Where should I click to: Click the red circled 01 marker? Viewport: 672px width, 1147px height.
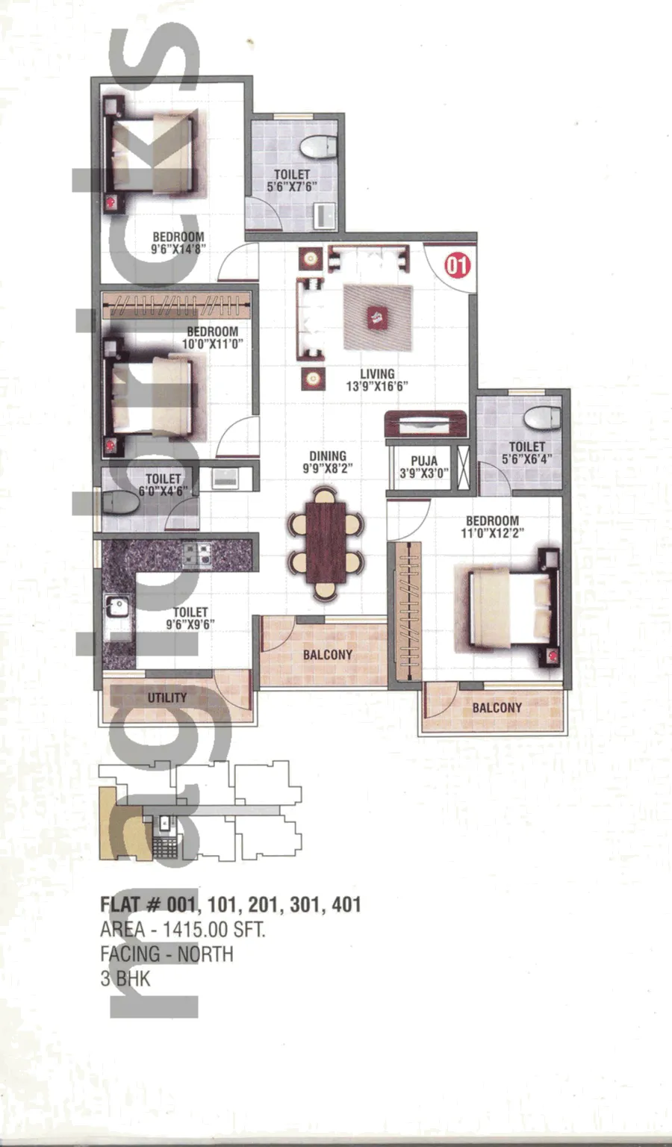click(x=457, y=266)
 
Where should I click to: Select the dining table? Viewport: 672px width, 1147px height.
click(x=326, y=543)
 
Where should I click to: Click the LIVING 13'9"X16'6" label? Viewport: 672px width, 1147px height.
click(x=377, y=380)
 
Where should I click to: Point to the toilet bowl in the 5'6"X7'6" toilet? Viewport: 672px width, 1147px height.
click(x=318, y=146)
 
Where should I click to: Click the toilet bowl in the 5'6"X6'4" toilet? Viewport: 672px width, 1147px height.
click(x=543, y=418)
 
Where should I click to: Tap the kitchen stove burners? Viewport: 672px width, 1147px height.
click(x=198, y=555)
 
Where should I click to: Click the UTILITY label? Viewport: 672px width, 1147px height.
click(x=167, y=697)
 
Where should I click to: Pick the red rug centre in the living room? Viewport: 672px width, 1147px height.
click(x=378, y=318)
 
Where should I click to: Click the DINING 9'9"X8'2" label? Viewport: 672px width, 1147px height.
click(x=328, y=462)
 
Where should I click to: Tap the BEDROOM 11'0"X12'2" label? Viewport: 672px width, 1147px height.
click(x=492, y=526)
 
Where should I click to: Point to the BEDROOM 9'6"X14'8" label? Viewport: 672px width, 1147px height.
click(x=178, y=243)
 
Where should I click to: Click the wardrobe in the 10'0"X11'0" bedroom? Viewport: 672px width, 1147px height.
click(x=177, y=305)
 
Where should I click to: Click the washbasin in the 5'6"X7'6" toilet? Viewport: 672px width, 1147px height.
click(x=325, y=214)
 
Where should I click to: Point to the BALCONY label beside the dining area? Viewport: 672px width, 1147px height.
click(x=327, y=654)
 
